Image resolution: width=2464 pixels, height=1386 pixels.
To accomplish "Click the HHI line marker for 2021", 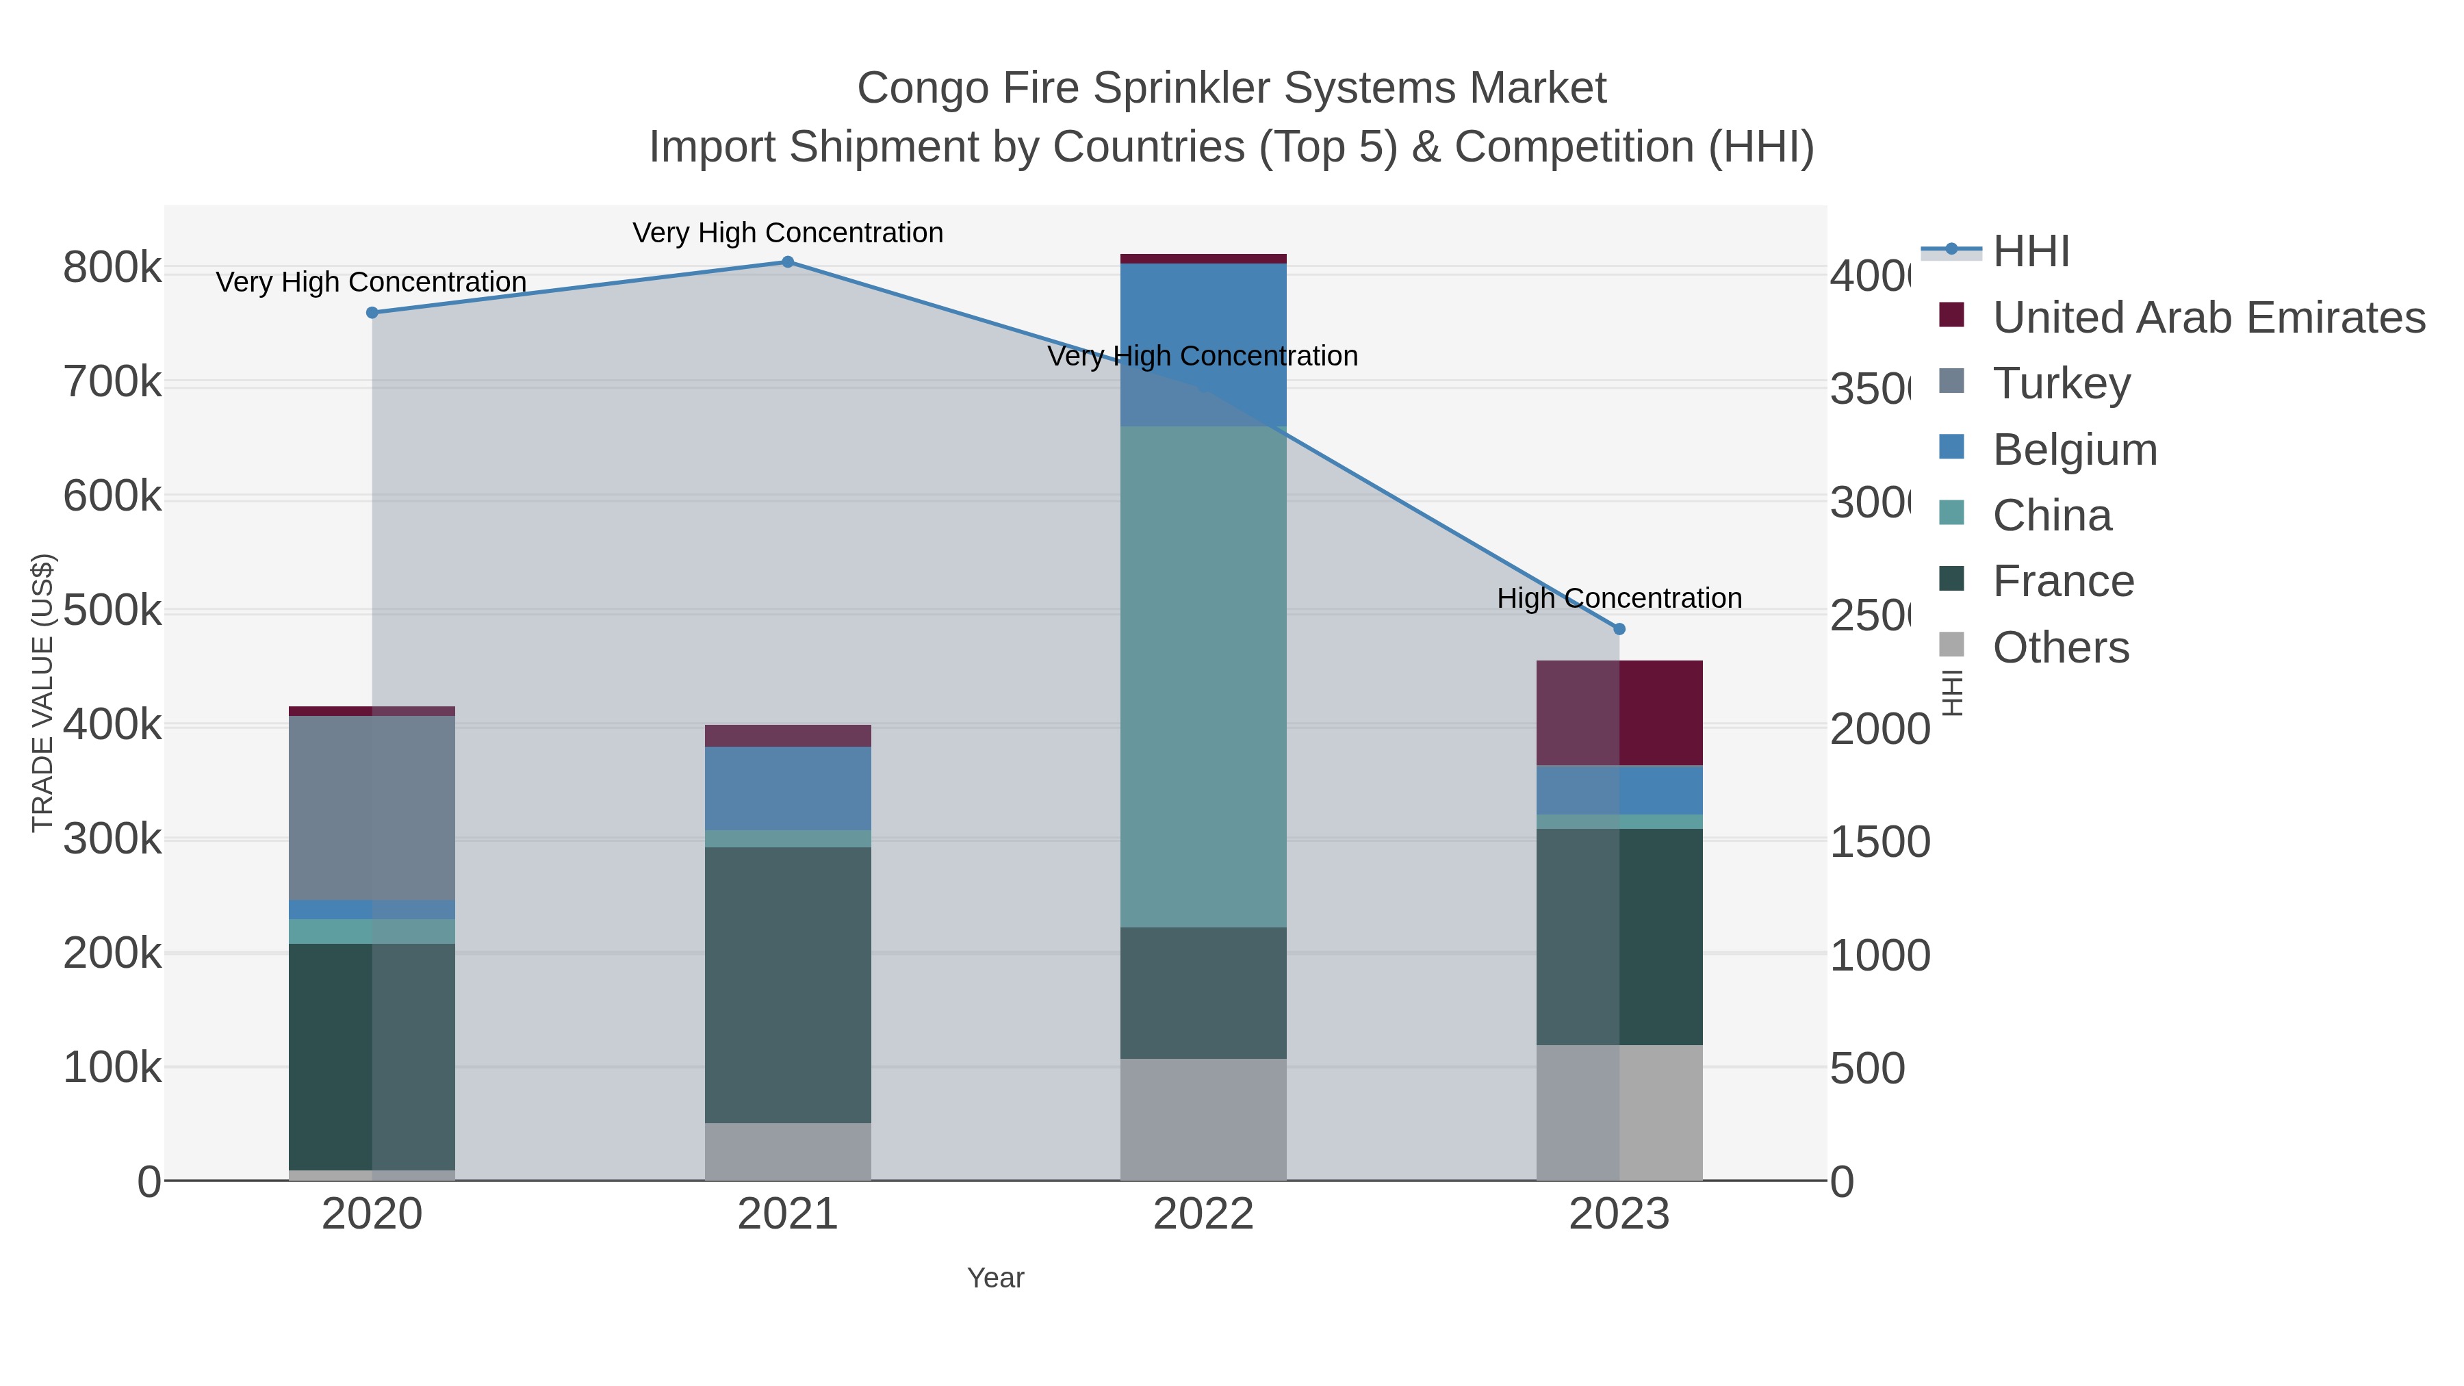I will point(787,262).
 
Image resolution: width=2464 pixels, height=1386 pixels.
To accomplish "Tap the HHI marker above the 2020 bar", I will point(372,313).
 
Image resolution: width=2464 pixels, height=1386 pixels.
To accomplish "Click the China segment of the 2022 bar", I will point(1203,676).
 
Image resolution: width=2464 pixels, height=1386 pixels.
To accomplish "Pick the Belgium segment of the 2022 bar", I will point(1203,344).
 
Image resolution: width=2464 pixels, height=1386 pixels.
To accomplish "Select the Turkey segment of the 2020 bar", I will point(372,808).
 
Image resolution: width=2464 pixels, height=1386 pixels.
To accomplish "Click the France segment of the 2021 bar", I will point(787,984).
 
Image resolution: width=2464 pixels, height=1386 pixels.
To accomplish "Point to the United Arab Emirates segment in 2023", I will point(1619,713).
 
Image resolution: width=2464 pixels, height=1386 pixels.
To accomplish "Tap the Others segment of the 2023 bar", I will point(1619,1112).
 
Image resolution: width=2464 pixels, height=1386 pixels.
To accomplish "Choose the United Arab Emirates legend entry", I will point(2207,318).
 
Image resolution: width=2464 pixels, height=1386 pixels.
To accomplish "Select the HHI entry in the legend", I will point(2030,252).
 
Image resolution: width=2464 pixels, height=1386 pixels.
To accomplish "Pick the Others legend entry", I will point(2060,647).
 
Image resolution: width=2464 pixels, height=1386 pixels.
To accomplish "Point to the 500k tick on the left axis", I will point(112,611).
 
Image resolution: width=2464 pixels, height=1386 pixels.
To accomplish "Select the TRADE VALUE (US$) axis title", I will point(43,693).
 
